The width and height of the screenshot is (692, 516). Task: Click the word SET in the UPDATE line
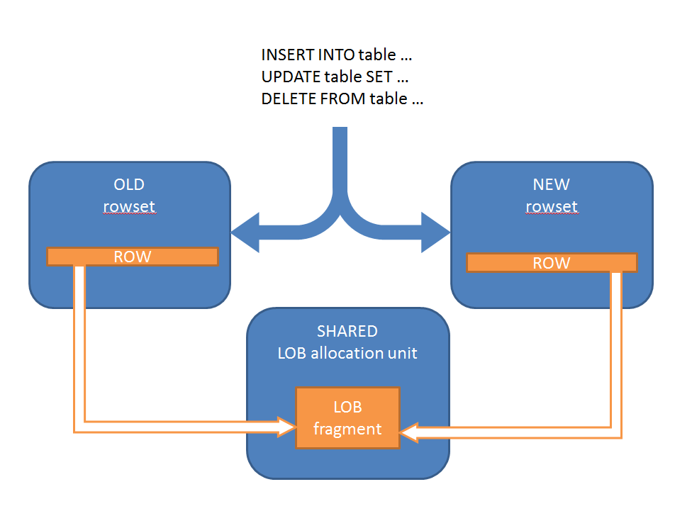tap(379, 77)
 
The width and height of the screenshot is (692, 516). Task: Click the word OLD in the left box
tap(129, 184)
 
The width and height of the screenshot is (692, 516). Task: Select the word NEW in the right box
tap(551, 184)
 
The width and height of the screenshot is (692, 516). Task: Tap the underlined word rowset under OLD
tap(129, 206)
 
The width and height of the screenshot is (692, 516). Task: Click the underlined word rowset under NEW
tap(551, 206)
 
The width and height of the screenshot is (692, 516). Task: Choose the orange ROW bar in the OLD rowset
tap(133, 257)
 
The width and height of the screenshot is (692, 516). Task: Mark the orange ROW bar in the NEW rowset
tap(552, 263)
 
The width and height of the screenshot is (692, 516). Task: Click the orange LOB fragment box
tap(347, 417)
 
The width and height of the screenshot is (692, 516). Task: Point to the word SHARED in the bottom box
tap(347, 331)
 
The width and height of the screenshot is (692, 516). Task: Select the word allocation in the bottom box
tap(347, 353)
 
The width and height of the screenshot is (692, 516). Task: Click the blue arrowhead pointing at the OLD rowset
tap(245, 232)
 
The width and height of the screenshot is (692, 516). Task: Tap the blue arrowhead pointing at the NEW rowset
tap(435, 232)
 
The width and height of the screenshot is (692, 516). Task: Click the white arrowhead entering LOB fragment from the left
tap(287, 427)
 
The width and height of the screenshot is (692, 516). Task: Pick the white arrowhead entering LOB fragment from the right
tap(408, 432)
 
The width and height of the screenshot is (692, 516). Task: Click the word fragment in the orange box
tap(347, 429)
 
